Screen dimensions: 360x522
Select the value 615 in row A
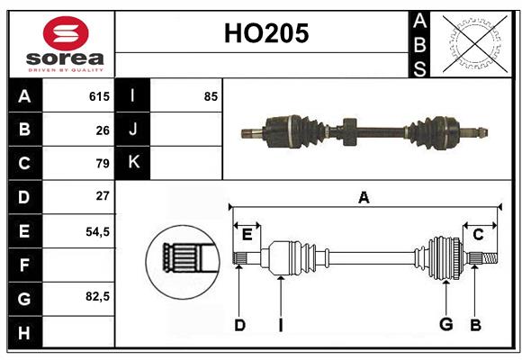(99, 96)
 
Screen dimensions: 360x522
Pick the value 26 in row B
(103, 130)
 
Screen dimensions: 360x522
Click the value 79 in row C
(103, 164)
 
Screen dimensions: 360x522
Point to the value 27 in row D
(103, 196)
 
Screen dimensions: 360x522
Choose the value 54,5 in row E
(97, 230)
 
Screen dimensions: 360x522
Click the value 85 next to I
(211, 96)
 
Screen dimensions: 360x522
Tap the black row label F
(24, 265)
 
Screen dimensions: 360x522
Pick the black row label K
(133, 163)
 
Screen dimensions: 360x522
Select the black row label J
(133, 130)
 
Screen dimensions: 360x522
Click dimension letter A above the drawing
(364, 198)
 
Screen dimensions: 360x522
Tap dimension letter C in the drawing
(479, 234)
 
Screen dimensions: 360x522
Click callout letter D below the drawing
(239, 325)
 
